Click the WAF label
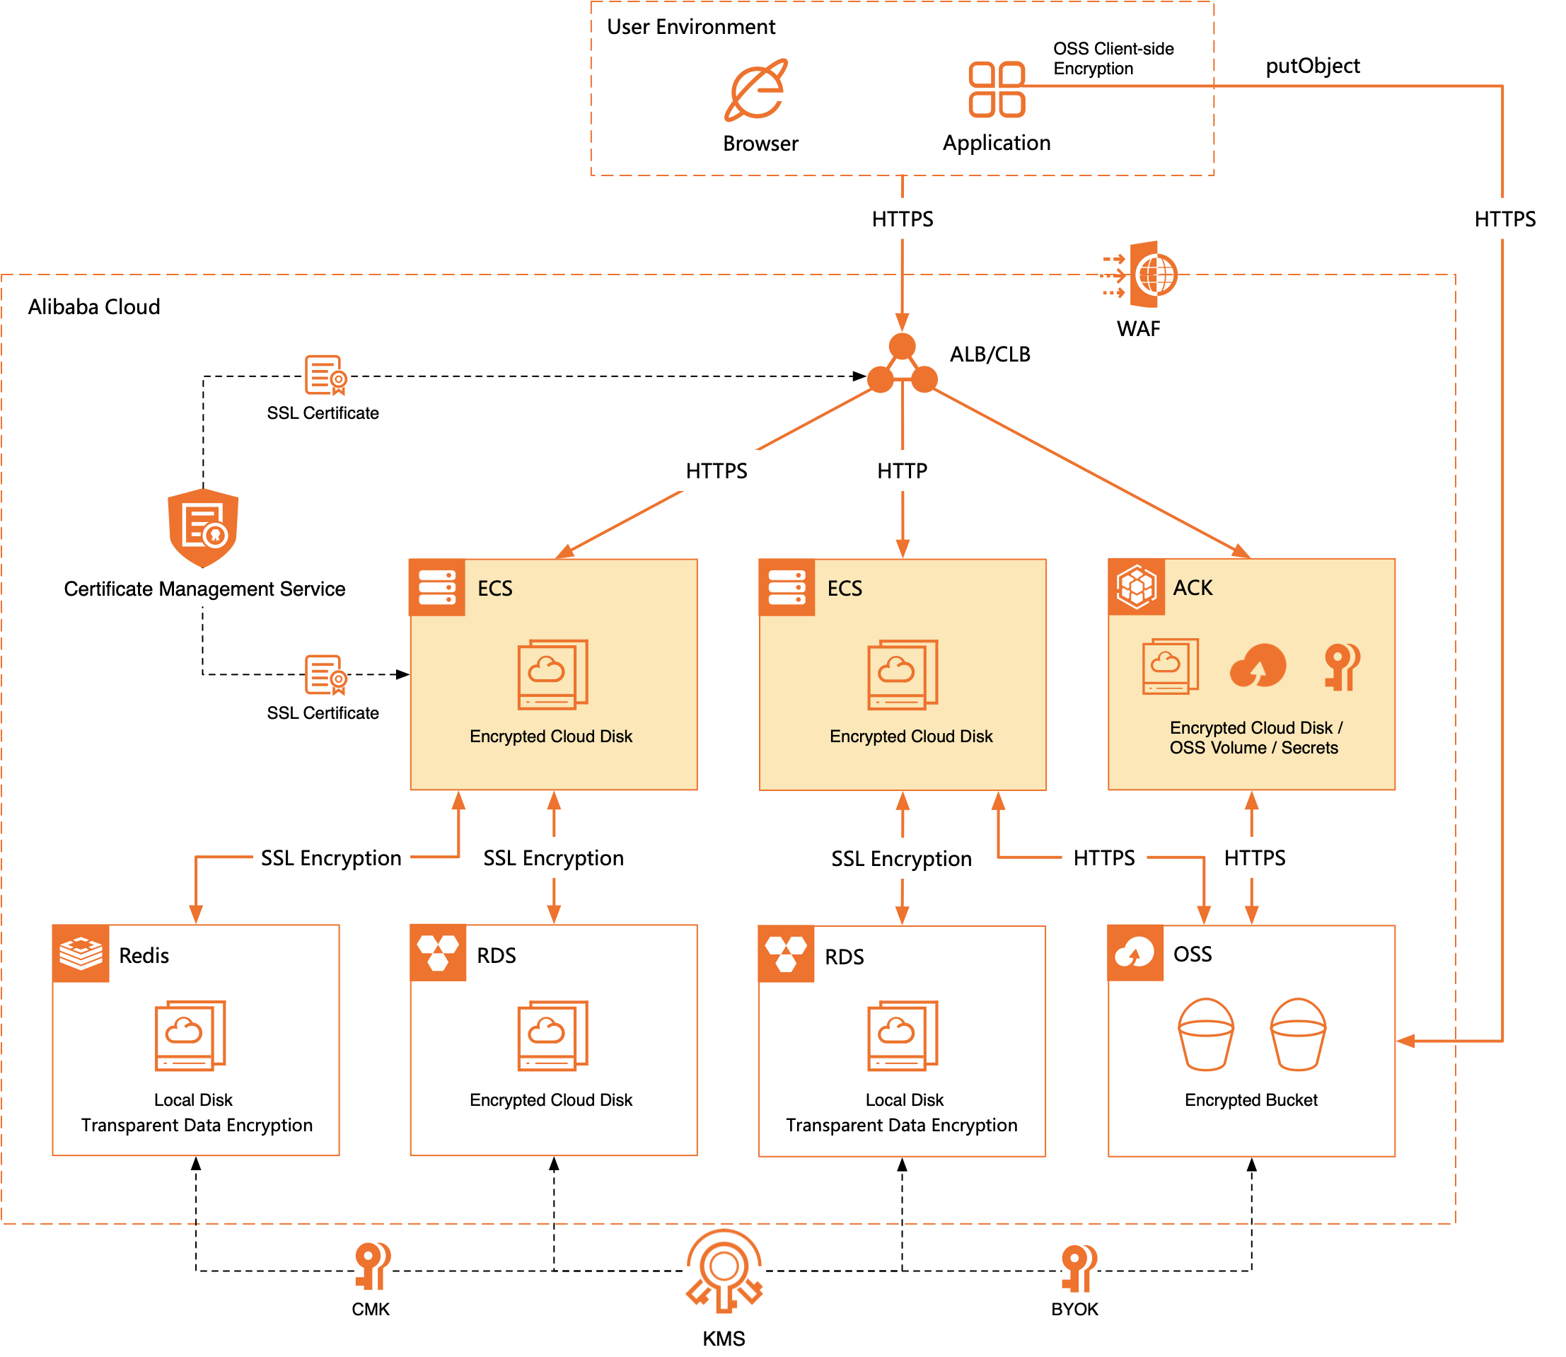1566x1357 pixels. point(1137,329)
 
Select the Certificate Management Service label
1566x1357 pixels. point(204,589)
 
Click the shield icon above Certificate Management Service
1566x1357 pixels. point(203,527)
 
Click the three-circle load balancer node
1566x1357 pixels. point(903,364)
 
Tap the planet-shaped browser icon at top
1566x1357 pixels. point(755,90)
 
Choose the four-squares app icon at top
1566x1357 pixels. point(996,89)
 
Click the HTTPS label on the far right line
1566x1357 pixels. point(1504,219)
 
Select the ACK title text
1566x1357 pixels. point(1192,588)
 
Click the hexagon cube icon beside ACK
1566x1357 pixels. point(1135,587)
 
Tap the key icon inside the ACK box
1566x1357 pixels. point(1342,666)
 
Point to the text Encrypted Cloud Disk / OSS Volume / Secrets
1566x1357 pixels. point(1255,737)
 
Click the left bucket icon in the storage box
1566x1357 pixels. point(1206,1034)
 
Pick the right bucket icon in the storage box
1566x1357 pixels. point(1297,1034)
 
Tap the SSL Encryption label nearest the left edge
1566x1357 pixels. point(332,859)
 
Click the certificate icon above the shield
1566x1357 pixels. point(326,374)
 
